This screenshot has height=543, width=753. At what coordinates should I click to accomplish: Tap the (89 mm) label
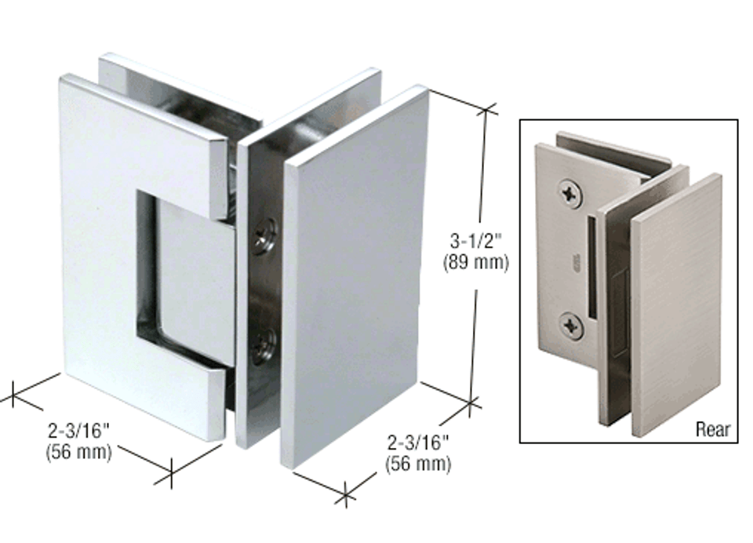476,262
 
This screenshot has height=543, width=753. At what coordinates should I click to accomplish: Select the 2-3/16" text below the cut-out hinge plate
79,431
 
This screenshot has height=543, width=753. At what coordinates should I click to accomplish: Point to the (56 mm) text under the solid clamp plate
418,464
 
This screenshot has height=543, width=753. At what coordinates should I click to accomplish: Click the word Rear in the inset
712,429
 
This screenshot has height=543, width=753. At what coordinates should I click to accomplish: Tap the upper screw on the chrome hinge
264,236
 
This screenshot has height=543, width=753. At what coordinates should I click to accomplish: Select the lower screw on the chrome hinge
264,345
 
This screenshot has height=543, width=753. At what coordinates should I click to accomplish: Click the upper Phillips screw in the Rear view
569,192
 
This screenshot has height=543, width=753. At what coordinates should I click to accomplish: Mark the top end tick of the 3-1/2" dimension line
487,110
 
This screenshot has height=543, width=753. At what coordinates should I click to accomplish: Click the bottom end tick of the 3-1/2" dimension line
471,404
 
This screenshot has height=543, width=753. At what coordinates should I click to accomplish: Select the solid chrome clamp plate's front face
357,275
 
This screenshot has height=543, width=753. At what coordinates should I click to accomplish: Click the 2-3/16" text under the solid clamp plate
418,443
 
